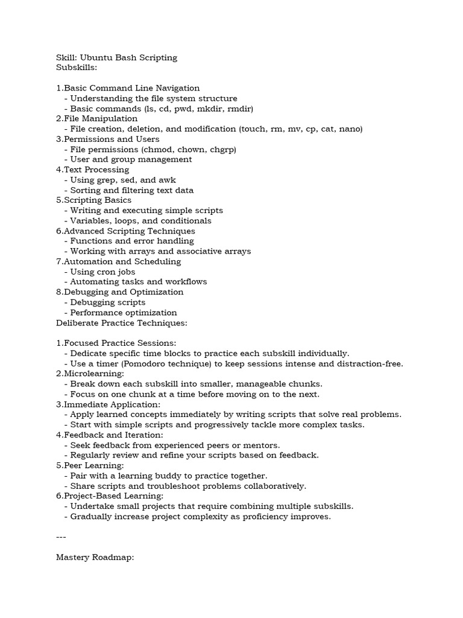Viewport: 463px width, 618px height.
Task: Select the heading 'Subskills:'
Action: pos(77,68)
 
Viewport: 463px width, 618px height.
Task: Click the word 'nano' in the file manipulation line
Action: pos(350,129)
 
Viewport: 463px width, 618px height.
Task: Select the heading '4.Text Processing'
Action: pos(92,170)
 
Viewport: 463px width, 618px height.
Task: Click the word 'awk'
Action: pos(167,180)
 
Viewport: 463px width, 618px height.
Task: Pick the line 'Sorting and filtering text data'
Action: pos(132,190)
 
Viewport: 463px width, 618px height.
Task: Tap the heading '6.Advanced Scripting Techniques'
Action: pos(125,231)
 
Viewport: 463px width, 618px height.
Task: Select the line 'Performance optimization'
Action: pos(124,313)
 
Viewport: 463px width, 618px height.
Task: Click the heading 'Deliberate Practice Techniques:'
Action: pos(122,323)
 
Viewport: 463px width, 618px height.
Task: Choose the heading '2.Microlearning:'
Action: pos(90,374)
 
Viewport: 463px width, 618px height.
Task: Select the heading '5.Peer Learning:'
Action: pos(90,465)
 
